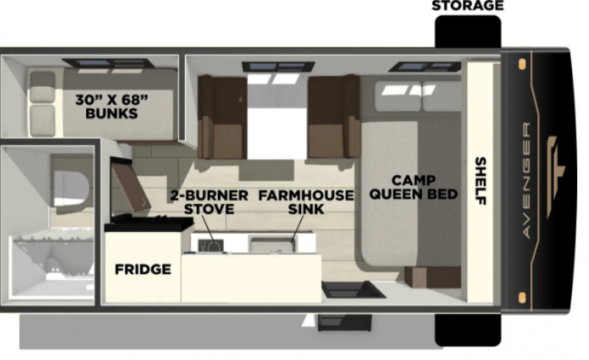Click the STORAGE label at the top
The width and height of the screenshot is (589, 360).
(467, 6)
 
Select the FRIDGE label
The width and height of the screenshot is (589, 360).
(143, 269)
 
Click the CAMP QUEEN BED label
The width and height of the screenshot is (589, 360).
(413, 187)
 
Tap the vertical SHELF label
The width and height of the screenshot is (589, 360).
(480, 181)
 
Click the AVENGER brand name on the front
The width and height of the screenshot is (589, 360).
(526, 180)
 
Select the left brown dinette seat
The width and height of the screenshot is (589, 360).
(221, 118)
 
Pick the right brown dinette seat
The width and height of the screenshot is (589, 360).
(333, 118)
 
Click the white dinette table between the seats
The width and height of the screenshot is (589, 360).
(277, 121)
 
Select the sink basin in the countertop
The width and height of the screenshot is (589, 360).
(270, 244)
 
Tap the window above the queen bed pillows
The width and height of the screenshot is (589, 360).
(425, 67)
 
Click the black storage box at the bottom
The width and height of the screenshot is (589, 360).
(467, 330)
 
